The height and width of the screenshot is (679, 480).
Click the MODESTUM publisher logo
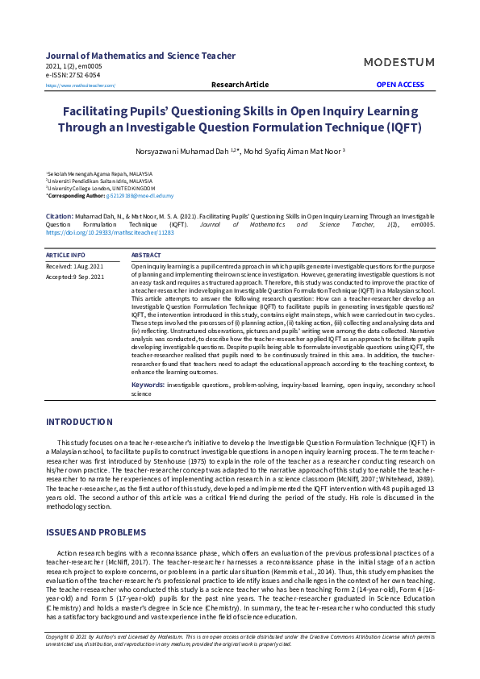pyautogui.click(x=399, y=62)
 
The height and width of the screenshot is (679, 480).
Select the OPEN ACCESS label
pyautogui.click(x=400, y=85)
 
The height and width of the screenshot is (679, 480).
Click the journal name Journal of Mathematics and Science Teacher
pyautogui.click(x=141, y=56)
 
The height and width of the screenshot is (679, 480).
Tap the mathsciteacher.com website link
pyautogui.click(x=81, y=85)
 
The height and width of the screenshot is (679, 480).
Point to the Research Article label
pyautogui.click(x=240, y=85)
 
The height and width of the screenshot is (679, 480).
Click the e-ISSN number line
pyautogui.click(x=73, y=74)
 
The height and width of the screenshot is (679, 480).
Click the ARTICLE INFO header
pyautogui.click(x=66, y=255)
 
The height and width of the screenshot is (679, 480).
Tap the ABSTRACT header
pyautogui.click(x=146, y=255)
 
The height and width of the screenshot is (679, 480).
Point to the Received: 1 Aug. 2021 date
pyautogui.click(x=75, y=265)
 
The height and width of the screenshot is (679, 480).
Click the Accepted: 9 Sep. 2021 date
pyautogui.click(x=75, y=277)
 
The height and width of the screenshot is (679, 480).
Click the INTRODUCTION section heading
pyautogui.click(x=79, y=422)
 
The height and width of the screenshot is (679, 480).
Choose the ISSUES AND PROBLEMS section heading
pyautogui.click(x=96, y=533)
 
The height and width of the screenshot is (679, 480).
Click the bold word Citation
pyautogui.click(x=60, y=217)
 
